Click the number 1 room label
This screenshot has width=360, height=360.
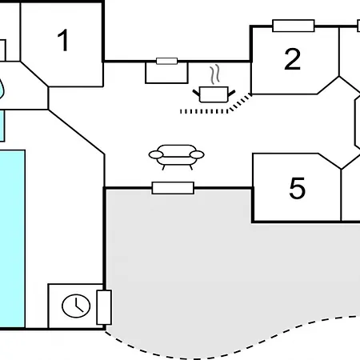click(63, 40)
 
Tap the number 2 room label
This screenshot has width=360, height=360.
click(292, 59)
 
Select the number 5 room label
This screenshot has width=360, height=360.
click(297, 188)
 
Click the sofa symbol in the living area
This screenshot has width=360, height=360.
click(177, 157)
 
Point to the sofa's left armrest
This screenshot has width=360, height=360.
click(156, 154)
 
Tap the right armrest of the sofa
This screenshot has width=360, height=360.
click(197, 154)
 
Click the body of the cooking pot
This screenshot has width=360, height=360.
click(214, 94)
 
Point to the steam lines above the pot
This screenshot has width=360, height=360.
click(214, 74)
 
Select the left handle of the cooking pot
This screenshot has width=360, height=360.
click(196, 93)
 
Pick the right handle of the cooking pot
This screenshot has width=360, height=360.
click(231, 93)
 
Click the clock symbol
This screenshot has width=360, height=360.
click(76, 306)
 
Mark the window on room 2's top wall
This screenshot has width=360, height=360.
click(294, 26)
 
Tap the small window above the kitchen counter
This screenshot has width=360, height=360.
click(166, 61)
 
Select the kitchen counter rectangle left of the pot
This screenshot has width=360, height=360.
click(166, 73)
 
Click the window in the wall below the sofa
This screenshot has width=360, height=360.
click(173, 188)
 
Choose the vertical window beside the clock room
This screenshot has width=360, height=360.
click(104, 307)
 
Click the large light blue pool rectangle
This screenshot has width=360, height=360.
click(12, 238)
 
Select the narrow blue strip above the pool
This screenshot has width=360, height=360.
click(2, 126)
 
